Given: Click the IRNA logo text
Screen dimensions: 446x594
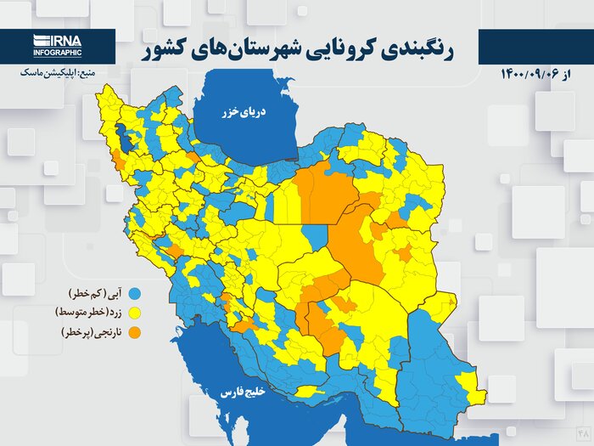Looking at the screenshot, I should pyautogui.click(x=58, y=40).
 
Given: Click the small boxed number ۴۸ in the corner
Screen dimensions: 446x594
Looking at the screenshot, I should pyautogui.click(x=582, y=433).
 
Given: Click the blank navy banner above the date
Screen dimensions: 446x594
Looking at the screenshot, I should pyautogui.click(x=535, y=46).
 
